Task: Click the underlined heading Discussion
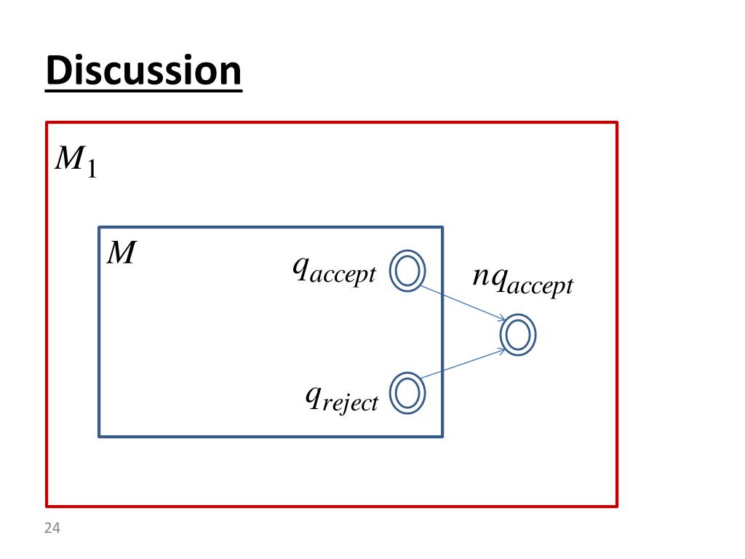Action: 143,71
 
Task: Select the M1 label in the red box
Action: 76,161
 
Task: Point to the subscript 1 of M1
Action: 91,170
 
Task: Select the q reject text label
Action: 341,397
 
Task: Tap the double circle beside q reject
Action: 407,393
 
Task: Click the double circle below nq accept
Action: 518,336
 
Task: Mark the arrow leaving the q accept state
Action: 462,303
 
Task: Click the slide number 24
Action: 51,528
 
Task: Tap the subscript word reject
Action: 351,403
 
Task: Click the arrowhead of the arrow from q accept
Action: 503,319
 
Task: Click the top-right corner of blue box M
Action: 442,228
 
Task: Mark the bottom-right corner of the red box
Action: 617,505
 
